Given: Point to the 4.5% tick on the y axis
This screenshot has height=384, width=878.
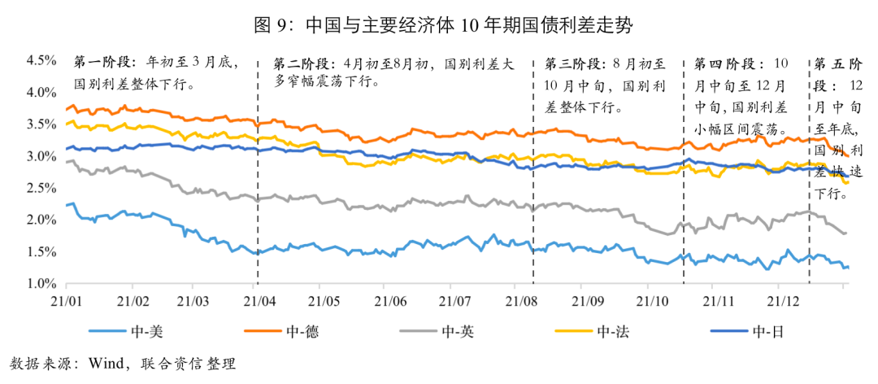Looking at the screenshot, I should (40, 60).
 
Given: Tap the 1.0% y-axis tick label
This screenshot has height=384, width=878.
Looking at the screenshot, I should (40, 284).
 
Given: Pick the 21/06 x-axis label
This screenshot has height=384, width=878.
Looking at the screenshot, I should (391, 299).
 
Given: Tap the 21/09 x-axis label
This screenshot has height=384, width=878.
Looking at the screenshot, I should (584, 299).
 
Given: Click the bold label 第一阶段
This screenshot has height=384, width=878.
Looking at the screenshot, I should (106, 63).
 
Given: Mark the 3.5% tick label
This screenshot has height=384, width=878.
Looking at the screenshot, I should (40, 124).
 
